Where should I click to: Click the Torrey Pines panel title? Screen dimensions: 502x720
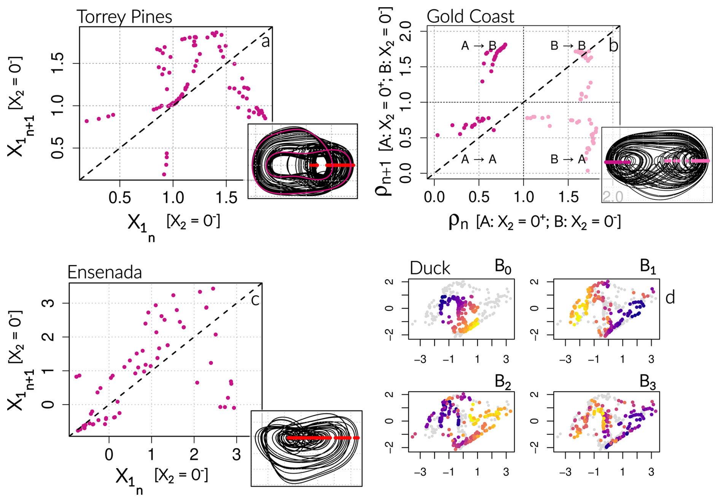[124, 17]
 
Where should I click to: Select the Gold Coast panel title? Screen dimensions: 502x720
[470, 17]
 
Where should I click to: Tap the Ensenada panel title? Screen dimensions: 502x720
[104, 273]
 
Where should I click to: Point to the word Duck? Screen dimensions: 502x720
[430, 268]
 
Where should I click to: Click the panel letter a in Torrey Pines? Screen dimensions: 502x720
[265, 41]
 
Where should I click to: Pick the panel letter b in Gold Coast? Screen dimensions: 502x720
[613, 46]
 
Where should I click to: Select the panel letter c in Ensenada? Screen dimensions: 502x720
[255, 300]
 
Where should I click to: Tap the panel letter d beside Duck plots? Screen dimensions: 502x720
[670, 297]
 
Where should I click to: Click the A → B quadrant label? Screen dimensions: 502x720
[479, 46]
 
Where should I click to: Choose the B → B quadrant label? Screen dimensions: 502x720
[568, 46]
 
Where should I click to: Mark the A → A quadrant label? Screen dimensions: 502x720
[479, 159]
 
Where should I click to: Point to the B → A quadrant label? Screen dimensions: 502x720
[568, 159]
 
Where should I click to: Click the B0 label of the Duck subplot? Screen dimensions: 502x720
[503, 266]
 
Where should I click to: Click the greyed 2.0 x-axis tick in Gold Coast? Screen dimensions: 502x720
[613, 197]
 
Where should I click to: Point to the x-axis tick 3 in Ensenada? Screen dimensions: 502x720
[237, 454]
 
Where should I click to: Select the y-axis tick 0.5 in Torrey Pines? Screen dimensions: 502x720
[57, 148]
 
